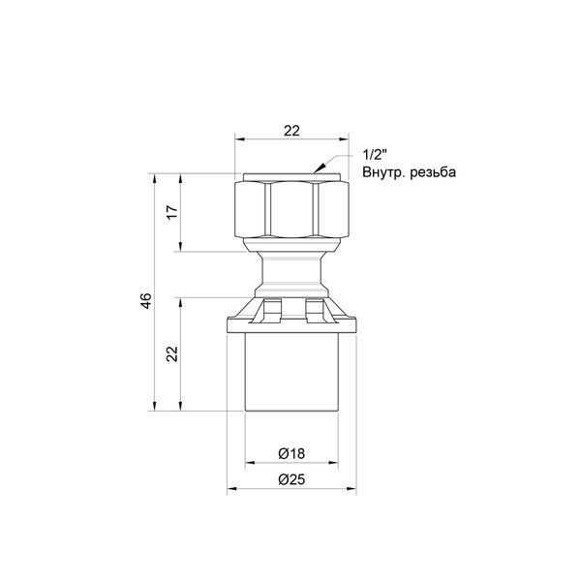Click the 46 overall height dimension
tap(147, 301)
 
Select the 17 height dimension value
tap(172, 211)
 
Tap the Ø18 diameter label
tap(291, 453)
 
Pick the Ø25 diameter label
tap(291, 479)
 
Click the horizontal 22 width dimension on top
tap(291, 131)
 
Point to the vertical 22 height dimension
tap(172, 353)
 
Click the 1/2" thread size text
tap(375, 155)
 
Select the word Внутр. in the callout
tap(383, 172)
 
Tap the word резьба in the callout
tap(433, 172)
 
